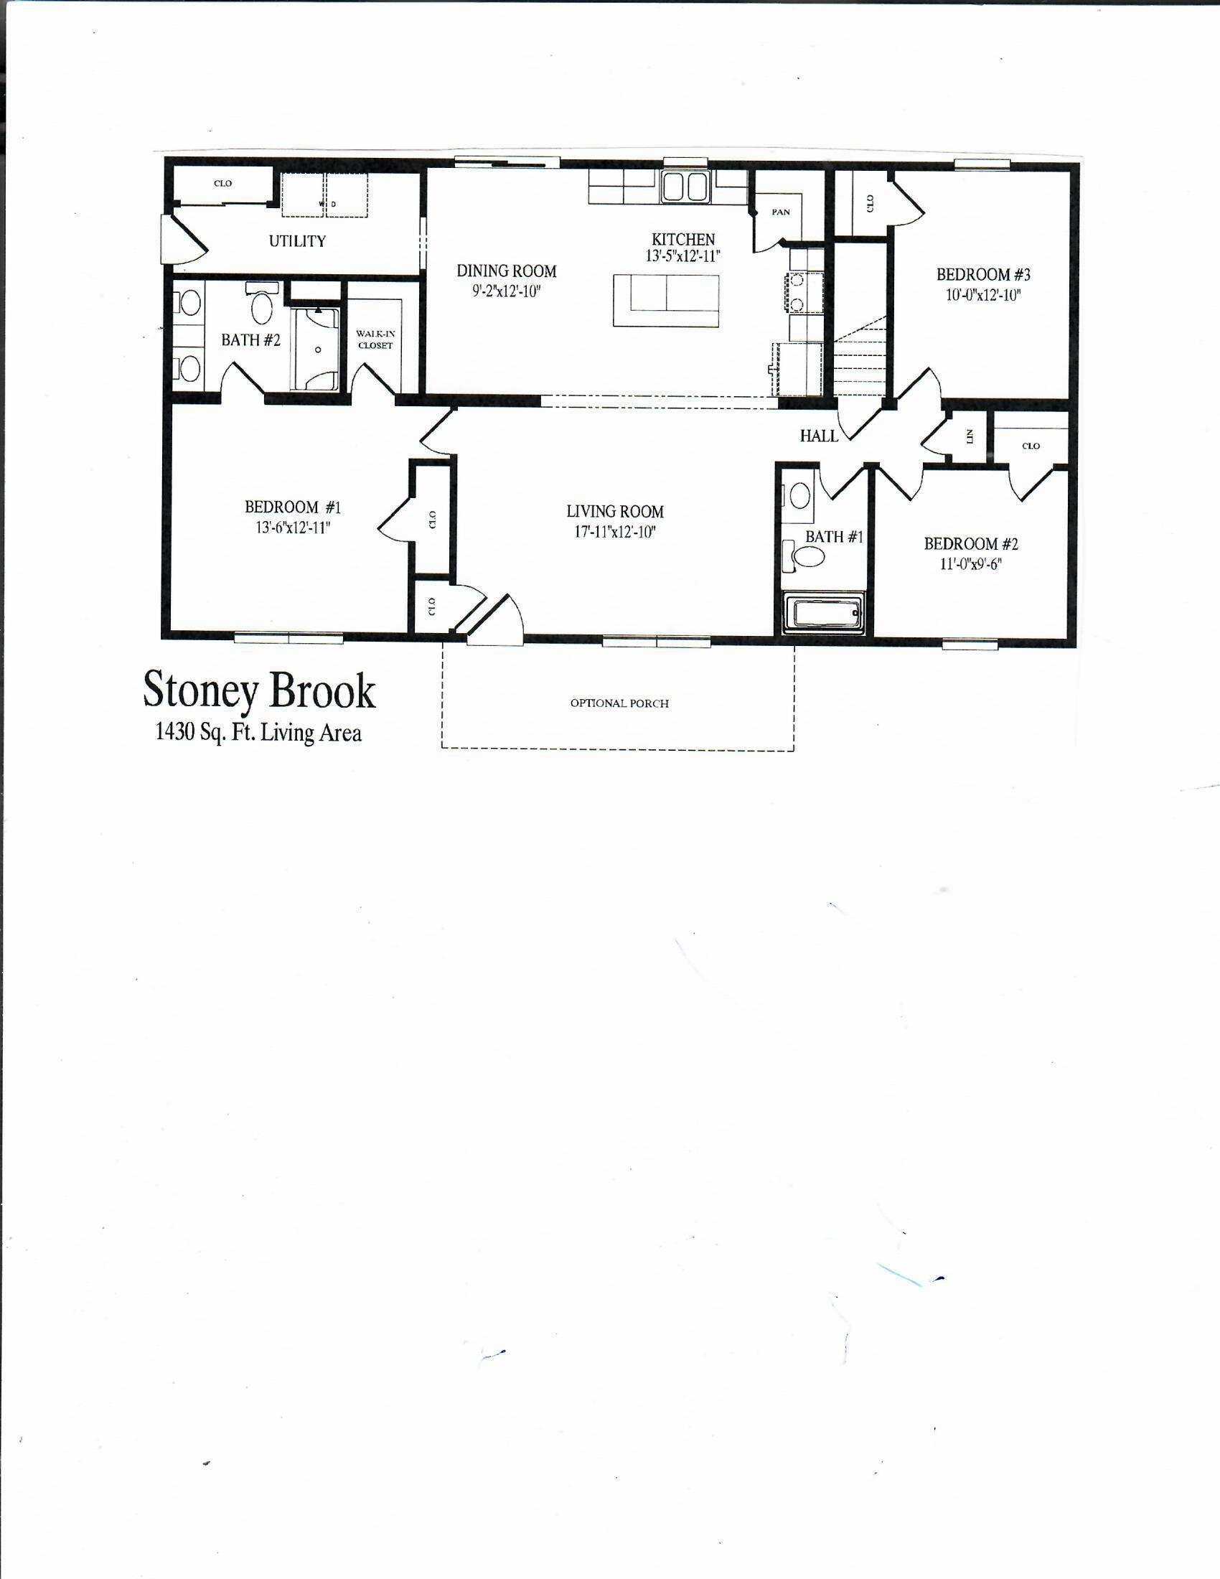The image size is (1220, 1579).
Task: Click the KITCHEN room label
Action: pos(683,239)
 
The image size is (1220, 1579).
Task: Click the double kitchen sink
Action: pos(685,187)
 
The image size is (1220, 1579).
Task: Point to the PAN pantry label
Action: pos(781,212)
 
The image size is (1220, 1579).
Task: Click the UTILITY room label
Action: pos(297,241)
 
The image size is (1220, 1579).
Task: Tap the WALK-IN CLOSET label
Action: pos(375,339)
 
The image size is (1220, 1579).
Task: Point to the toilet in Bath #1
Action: pos(807,557)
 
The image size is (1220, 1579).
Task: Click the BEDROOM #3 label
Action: pos(983,275)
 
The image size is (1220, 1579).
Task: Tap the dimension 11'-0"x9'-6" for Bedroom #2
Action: pos(970,565)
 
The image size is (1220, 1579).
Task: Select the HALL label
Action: pos(818,436)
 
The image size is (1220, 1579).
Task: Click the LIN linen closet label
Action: pos(971,436)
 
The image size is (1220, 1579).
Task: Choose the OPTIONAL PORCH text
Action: pos(619,703)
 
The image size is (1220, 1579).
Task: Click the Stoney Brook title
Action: pos(259,690)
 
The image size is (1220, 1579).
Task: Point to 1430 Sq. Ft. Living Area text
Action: pos(258,733)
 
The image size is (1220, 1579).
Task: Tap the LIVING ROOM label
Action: pos(614,512)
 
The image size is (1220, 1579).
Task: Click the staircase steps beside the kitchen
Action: pos(861,358)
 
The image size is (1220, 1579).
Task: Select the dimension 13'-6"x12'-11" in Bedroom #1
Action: pos(292,528)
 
